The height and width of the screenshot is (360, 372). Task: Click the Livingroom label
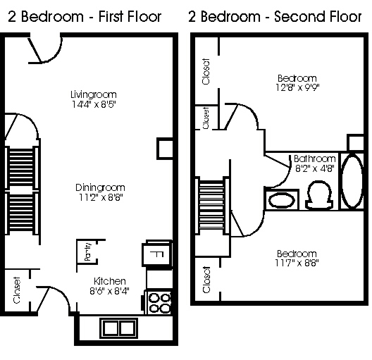[x=94, y=94]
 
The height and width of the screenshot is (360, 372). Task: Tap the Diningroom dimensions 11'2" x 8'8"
[x=101, y=197]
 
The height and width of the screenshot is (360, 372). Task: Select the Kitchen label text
[x=110, y=281]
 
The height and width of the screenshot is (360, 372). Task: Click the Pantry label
[x=88, y=252]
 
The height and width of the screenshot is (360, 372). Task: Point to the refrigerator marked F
[x=157, y=254]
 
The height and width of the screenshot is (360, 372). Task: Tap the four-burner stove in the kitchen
[x=159, y=303]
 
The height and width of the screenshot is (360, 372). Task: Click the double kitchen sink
[x=119, y=328]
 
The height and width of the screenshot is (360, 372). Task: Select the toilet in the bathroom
[x=319, y=195]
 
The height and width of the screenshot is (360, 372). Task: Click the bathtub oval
[x=352, y=182]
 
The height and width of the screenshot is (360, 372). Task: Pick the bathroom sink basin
[x=282, y=200]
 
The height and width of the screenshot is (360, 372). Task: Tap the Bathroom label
[x=315, y=159]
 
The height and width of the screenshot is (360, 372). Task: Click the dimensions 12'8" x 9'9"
[x=297, y=87]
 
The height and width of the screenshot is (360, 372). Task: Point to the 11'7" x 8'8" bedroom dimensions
[x=297, y=263]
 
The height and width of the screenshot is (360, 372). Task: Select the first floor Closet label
[x=17, y=290]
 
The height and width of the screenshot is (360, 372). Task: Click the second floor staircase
[x=212, y=206]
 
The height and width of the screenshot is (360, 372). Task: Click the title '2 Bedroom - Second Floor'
[x=275, y=17]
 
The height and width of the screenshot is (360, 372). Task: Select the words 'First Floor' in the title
[x=130, y=17]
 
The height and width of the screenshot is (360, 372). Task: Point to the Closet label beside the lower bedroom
[x=206, y=280]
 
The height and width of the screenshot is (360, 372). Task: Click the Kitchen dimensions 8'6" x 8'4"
[x=110, y=291]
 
